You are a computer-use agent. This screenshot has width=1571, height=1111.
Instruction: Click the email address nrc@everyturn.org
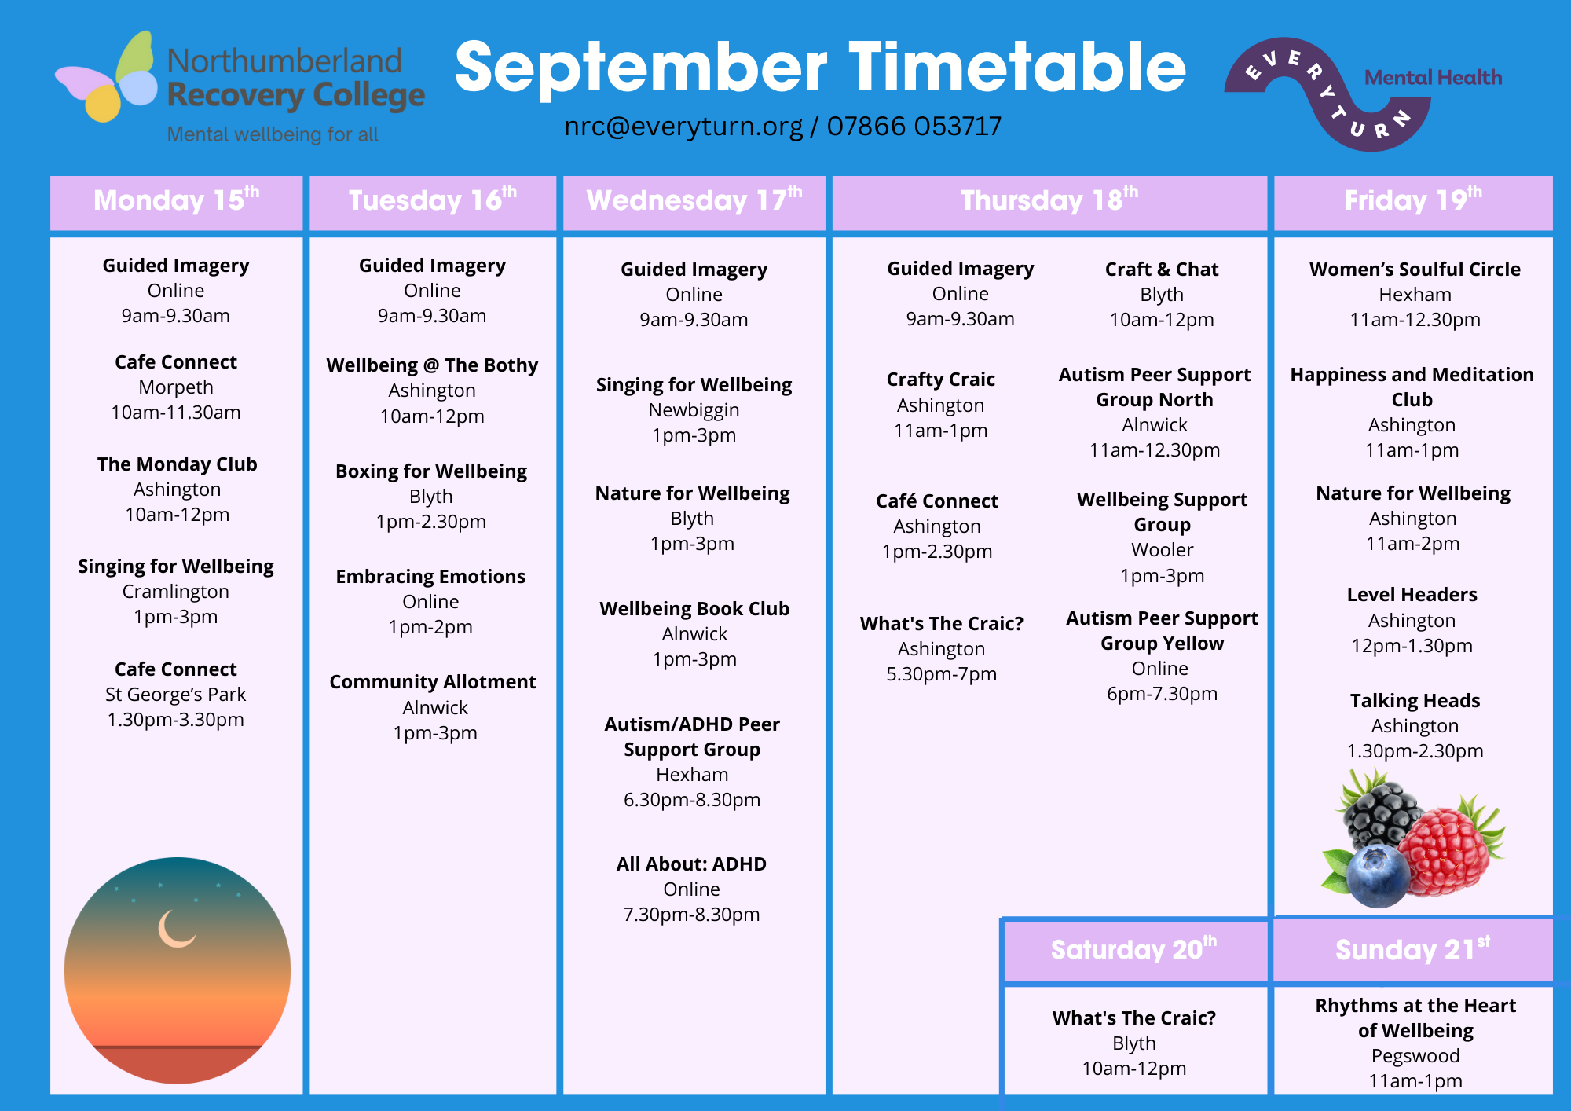click(683, 126)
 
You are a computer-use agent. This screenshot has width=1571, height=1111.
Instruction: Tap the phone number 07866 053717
click(914, 126)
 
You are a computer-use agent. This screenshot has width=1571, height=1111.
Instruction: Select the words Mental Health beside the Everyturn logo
click(1433, 78)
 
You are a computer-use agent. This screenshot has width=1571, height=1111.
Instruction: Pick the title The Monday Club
click(178, 464)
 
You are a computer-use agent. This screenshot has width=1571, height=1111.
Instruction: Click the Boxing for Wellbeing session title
click(431, 471)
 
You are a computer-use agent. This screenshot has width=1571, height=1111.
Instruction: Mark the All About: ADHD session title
click(691, 864)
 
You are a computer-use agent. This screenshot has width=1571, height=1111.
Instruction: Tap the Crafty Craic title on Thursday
click(941, 380)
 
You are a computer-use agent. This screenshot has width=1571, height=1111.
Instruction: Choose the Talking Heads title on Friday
click(1415, 701)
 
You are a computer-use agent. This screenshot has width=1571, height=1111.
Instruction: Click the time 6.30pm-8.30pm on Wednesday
click(692, 800)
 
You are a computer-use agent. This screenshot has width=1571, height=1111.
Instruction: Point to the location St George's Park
click(176, 695)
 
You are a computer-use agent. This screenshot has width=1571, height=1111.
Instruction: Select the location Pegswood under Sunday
click(1415, 1056)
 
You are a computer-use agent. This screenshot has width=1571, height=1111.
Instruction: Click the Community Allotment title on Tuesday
click(433, 682)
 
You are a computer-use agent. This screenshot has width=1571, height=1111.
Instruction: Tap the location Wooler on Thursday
click(1163, 550)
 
